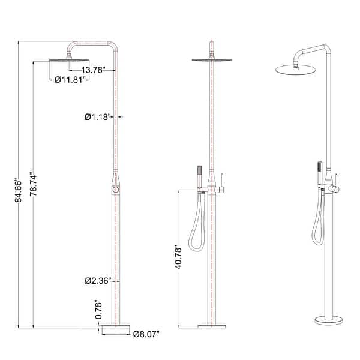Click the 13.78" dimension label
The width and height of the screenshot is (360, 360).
click(94, 70)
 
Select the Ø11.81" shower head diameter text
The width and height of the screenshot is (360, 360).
click(70, 79)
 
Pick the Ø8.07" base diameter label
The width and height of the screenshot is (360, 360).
click(146, 333)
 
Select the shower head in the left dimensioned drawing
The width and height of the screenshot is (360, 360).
click(68, 60)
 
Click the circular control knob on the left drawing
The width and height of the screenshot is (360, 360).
click(114, 190)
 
